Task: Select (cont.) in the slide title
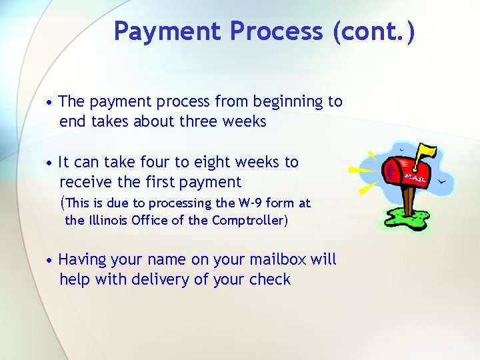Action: coord(374,31)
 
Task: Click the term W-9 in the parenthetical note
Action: coord(253,203)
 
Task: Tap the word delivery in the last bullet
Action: coord(159,279)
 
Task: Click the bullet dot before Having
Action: coord(50,260)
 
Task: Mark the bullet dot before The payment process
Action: coord(50,103)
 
